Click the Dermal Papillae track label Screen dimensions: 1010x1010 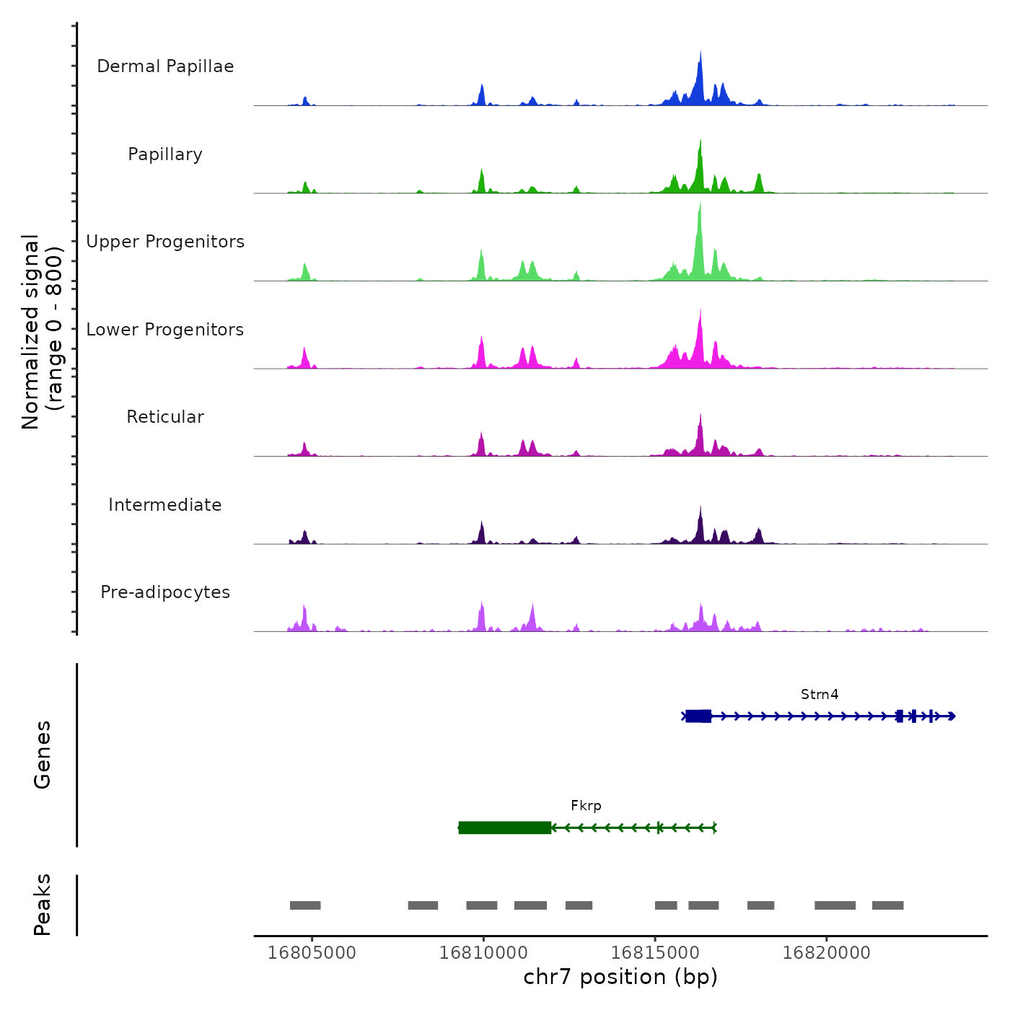[x=165, y=66]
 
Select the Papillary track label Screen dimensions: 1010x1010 [x=165, y=154]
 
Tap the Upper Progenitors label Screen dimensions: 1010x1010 [x=165, y=242]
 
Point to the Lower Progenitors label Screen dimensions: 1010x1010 [x=165, y=330]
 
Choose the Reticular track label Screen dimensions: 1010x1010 [x=165, y=417]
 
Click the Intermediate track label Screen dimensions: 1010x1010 [x=165, y=505]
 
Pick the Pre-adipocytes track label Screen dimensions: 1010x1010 [x=165, y=592]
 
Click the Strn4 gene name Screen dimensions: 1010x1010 [x=820, y=695]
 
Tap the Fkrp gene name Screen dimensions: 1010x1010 [x=586, y=806]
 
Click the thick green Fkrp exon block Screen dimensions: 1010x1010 [x=505, y=827]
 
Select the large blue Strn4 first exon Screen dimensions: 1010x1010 [x=698, y=716]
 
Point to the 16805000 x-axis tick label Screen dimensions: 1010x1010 [x=312, y=953]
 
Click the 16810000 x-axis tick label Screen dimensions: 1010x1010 [x=483, y=953]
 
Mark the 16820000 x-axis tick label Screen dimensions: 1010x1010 [x=827, y=953]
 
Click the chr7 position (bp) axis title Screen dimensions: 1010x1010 [x=620, y=977]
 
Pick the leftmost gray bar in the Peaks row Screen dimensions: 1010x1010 [x=305, y=905]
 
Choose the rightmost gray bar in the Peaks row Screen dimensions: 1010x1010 [x=887, y=905]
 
